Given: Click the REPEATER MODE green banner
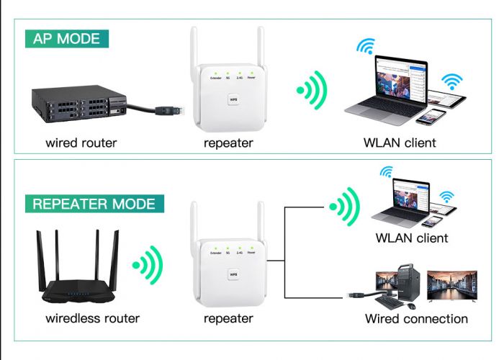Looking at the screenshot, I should point(94,203).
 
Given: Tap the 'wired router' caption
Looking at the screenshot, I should point(81,143).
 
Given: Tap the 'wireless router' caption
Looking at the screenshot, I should point(92,318).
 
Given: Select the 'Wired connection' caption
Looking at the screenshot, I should point(416,318).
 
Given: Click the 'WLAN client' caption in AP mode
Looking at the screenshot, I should point(400,143).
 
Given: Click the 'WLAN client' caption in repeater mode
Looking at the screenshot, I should point(412,238).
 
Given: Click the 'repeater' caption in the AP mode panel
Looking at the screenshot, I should point(228,143).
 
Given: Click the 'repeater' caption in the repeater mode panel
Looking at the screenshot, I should point(228,318).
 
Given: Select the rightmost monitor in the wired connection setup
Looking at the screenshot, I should point(451,285).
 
